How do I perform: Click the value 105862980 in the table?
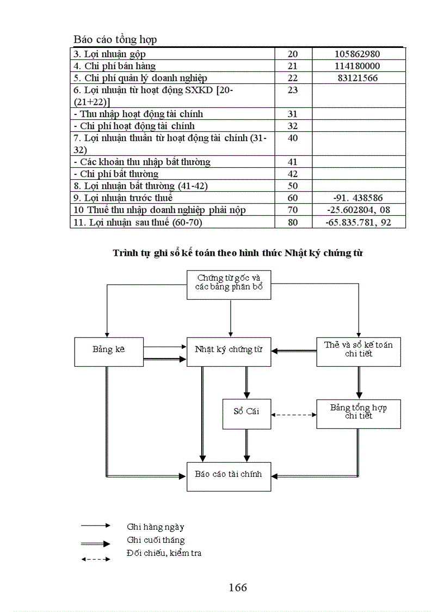click(x=358, y=54)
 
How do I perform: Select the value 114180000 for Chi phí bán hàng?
click(x=358, y=66)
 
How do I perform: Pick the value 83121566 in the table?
click(x=358, y=78)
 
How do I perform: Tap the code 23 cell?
click(x=293, y=90)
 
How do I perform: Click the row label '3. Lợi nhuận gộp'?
click(x=109, y=54)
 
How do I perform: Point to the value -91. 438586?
click(x=358, y=198)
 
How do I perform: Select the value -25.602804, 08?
click(x=358, y=210)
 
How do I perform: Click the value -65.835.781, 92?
click(x=358, y=222)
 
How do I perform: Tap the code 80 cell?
click(x=293, y=222)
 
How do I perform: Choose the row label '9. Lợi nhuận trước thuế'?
click(x=123, y=198)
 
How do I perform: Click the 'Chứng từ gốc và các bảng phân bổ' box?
click(x=229, y=284)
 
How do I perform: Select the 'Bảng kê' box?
click(x=108, y=352)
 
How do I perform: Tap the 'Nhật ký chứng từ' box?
click(x=229, y=352)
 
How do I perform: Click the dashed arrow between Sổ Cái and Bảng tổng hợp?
click(x=294, y=415)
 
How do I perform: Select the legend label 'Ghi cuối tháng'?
click(x=156, y=540)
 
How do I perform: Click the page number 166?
click(x=238, y=587)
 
